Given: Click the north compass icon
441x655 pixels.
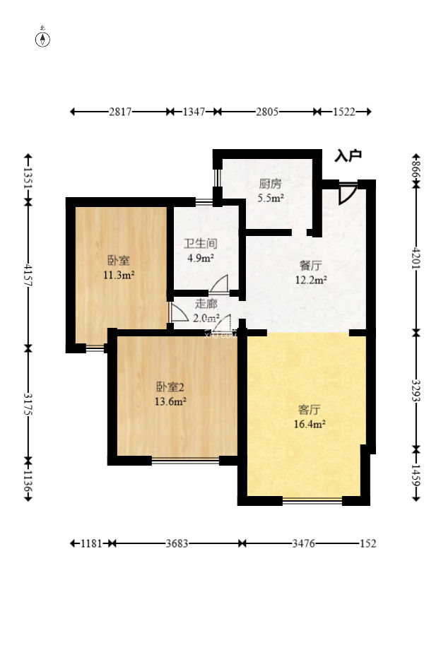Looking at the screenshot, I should pos(43,38).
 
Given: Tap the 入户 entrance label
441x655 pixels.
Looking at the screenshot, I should pos(348,156).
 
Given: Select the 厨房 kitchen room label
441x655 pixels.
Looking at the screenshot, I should pos(271,185).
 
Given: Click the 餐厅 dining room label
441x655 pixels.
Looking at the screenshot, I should pos(311,266).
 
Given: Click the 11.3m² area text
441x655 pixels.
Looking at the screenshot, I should pos(119,275).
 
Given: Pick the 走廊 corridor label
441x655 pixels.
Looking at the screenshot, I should pos(206,305).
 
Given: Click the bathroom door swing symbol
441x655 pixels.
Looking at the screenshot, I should pos(219,283).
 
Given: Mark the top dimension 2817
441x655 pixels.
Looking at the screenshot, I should pos(120,112).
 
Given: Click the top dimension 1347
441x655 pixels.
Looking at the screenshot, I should pos(194,112).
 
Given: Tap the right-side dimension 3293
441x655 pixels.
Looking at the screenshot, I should pos(416,390).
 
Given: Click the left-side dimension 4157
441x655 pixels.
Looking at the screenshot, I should pos(28,275).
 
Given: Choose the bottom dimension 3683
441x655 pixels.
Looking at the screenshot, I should pos(176,543).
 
